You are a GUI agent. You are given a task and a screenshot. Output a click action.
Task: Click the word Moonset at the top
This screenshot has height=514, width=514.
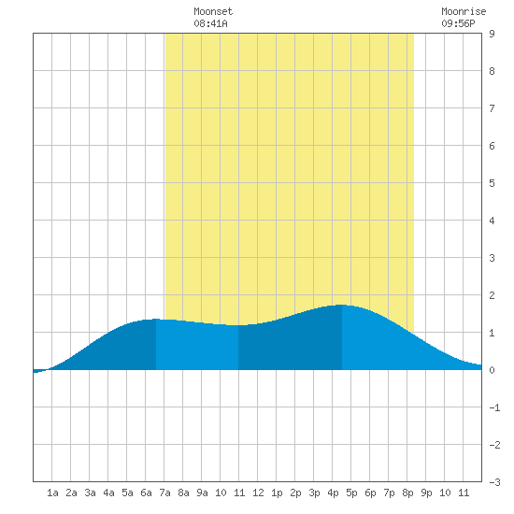pyautogui.click(x=213, y=11)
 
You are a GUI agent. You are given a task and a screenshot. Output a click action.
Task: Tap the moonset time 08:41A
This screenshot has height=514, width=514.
pyautogui.click(x=210, y=23)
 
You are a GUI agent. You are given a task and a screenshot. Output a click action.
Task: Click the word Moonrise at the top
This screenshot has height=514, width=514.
pyautogui.click(x=464, y=11)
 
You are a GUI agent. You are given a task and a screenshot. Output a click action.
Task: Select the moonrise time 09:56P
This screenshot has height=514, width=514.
pyautogui.click(x=458, y=23)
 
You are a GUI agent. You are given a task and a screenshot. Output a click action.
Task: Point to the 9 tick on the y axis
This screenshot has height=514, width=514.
pyautogui.click(x=492, y=34)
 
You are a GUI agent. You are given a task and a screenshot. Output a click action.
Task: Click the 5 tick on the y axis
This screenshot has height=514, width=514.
pyautogui.click(x=492, y=183)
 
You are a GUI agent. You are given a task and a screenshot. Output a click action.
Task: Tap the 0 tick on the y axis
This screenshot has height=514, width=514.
pyautogui.click(x=492, y=370)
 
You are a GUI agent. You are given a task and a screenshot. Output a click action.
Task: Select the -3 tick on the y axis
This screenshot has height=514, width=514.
pyautogui.click(x=494, y=482)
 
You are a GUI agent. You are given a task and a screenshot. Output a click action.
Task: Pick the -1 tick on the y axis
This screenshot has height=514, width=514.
pyautogui.click(x=494, y=407)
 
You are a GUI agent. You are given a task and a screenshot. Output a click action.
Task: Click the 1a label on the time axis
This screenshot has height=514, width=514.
pyautogui.click(x=52, y=493)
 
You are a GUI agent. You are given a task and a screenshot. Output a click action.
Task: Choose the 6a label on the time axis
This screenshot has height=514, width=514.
pyautogui.click(x=146, y=493)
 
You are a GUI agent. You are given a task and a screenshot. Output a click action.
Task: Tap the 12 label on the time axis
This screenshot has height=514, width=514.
pyautogui.click(x=258, y=493)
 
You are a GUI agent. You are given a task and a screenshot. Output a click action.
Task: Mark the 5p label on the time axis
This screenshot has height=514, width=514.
pyautogui.click(x=351, y=493)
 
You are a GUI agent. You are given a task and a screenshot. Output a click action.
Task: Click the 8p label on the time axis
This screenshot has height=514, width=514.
pyautogui.click(x=407, y=493)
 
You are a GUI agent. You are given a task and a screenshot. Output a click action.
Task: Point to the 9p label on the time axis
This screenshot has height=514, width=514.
pyautogui.click(x=426, y=493)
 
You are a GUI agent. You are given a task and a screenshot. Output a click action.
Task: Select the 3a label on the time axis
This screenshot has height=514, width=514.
pyautogui.click(x=90, y=493)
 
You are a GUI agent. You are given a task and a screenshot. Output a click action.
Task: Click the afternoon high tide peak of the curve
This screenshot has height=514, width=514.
pyautogui.click(x=342, y=305)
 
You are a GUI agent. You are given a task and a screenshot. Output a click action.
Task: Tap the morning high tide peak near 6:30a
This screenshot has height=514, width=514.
pyautogui.click(x=156, y=319)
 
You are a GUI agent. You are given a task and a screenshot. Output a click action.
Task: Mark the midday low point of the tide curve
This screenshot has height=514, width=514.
pyautogui.click(x=238, y=325)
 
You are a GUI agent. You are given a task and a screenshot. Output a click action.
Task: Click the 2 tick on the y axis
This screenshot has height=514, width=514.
pyautogui.click(x=492, y=295)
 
